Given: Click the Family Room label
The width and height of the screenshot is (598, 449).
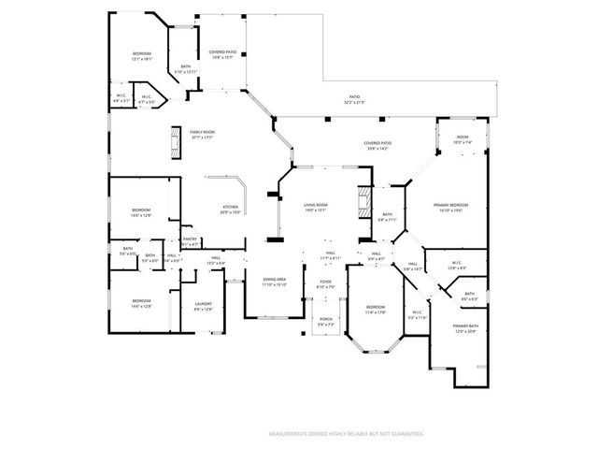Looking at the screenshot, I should click(x=203, y=135).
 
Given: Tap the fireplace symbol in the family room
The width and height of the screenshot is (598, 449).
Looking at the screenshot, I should click(x=174, y=144).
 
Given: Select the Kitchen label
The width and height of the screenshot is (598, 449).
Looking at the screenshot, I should click(x=230, y=210).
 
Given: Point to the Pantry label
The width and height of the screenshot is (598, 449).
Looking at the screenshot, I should click(x=190, y=241).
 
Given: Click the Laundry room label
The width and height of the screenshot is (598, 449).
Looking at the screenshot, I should click(x=203, y=306).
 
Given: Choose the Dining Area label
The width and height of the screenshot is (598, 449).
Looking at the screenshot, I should click(x=274, y=282).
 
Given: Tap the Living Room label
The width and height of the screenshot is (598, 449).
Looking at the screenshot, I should click(x=315, y=207).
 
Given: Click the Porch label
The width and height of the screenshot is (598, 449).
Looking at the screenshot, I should click(x=326, y=321).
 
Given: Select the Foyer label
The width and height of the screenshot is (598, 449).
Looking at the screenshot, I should click(x=326, y=283).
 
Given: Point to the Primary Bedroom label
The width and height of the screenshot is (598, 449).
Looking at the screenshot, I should click(x=450, y=207).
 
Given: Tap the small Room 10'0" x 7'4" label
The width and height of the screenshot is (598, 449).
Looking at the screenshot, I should click(x=462, y=140).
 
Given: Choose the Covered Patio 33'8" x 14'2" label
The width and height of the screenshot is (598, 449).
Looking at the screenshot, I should click(x=378, y=145).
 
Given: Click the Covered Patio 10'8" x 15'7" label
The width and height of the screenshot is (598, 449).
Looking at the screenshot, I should click(x=221, y=55).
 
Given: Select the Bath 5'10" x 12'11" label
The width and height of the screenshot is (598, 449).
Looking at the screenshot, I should click(x=186, y=68).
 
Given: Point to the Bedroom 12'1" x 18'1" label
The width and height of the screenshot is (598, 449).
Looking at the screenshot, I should click(x=141, y=57).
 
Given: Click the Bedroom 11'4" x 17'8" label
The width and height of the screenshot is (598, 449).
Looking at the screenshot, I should click(x=375, y=310).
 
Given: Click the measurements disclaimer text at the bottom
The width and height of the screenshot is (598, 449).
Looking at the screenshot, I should click(x=346, y=434).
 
